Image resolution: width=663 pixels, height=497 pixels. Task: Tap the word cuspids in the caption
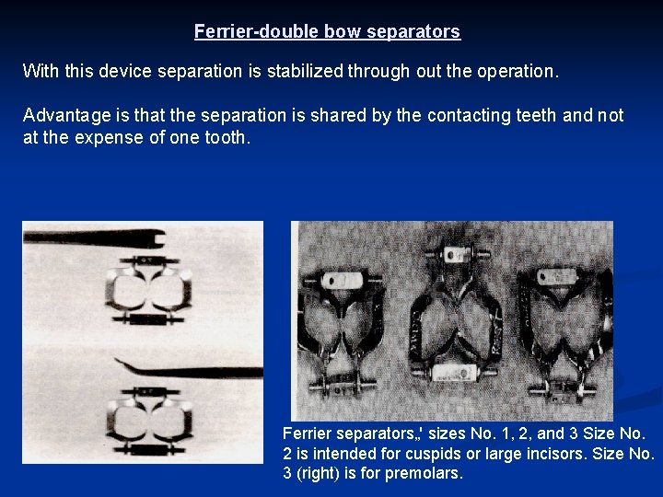(425, 453)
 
